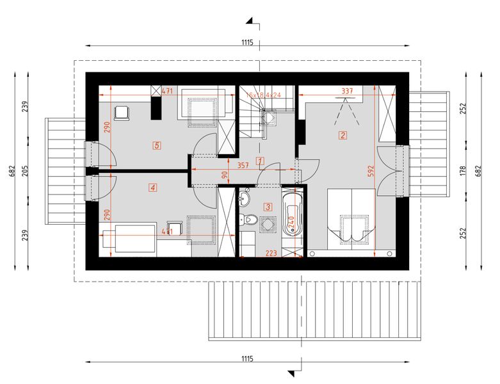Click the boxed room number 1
click(x=259, y=161)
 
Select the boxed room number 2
click(x=343, y=135)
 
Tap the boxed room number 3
click(x=268, y=206)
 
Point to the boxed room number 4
click(x=152, y=188)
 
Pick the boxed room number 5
click(x=156, y=145)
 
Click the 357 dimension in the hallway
click(x=243, y=164)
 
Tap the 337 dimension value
click(x=347, y=92)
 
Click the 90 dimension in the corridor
click(x=224, y=175)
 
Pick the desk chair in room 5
click(x=122, y=113)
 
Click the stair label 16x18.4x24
click(x=264, y=95)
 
